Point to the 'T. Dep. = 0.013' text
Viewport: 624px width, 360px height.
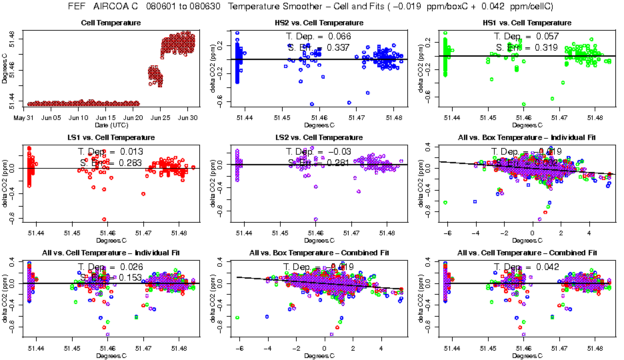click(x=110, y=151)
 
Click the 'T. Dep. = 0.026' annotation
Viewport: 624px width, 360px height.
click(x=110, y=267)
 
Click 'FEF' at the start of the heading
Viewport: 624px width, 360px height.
click(x=79, y=6)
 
